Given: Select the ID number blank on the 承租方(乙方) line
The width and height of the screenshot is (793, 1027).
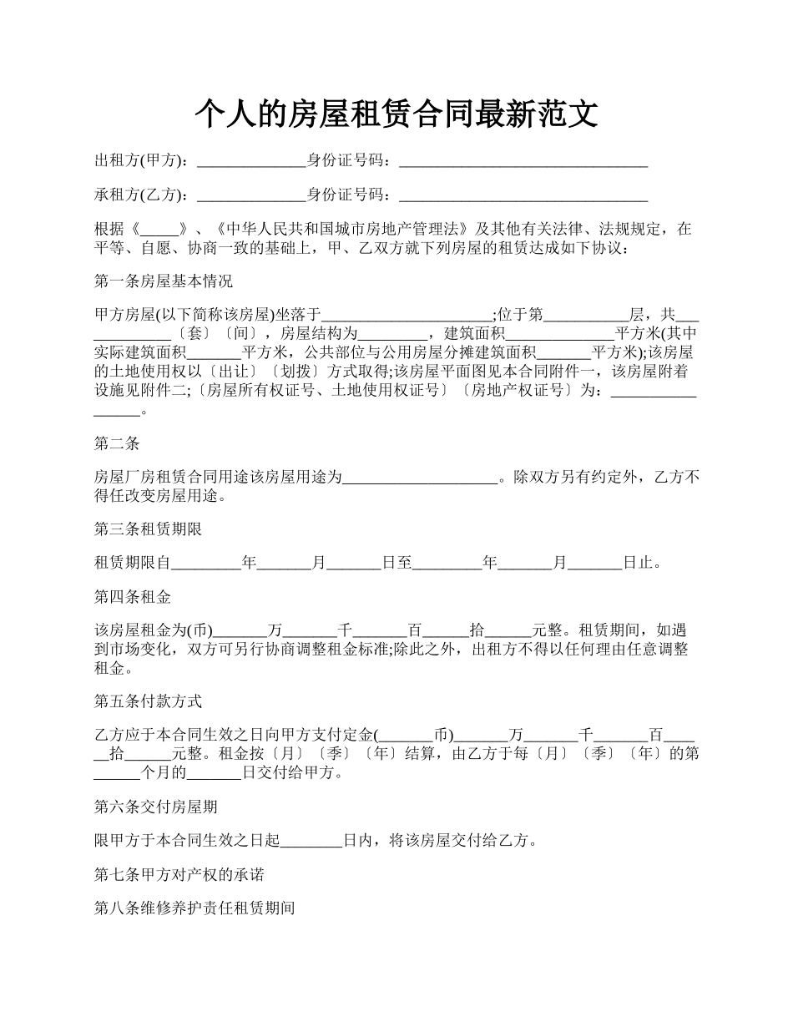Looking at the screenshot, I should (523, 195).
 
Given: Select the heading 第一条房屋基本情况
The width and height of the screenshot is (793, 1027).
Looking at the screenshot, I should (164, 281).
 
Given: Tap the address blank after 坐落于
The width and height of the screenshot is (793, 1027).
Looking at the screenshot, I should (407, 316).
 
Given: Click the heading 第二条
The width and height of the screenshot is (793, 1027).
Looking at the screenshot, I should (117, 444).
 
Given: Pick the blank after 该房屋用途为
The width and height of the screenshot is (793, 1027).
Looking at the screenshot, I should (421, 478).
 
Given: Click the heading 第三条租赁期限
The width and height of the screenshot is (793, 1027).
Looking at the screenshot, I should (149, 529).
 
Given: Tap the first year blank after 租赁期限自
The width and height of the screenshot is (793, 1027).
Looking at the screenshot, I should (206, 564).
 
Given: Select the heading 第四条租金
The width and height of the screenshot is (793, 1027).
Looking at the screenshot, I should (133, 598).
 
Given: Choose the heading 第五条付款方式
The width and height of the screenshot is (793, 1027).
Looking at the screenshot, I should (149, 701).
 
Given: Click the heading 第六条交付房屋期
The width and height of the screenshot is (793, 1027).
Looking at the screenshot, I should (156, 807).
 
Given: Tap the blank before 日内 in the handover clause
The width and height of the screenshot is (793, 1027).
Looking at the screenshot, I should (311, 841).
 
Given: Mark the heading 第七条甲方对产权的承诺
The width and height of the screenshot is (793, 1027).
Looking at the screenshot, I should (179, 875).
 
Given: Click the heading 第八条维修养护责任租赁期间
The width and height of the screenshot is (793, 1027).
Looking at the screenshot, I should (194, 909).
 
